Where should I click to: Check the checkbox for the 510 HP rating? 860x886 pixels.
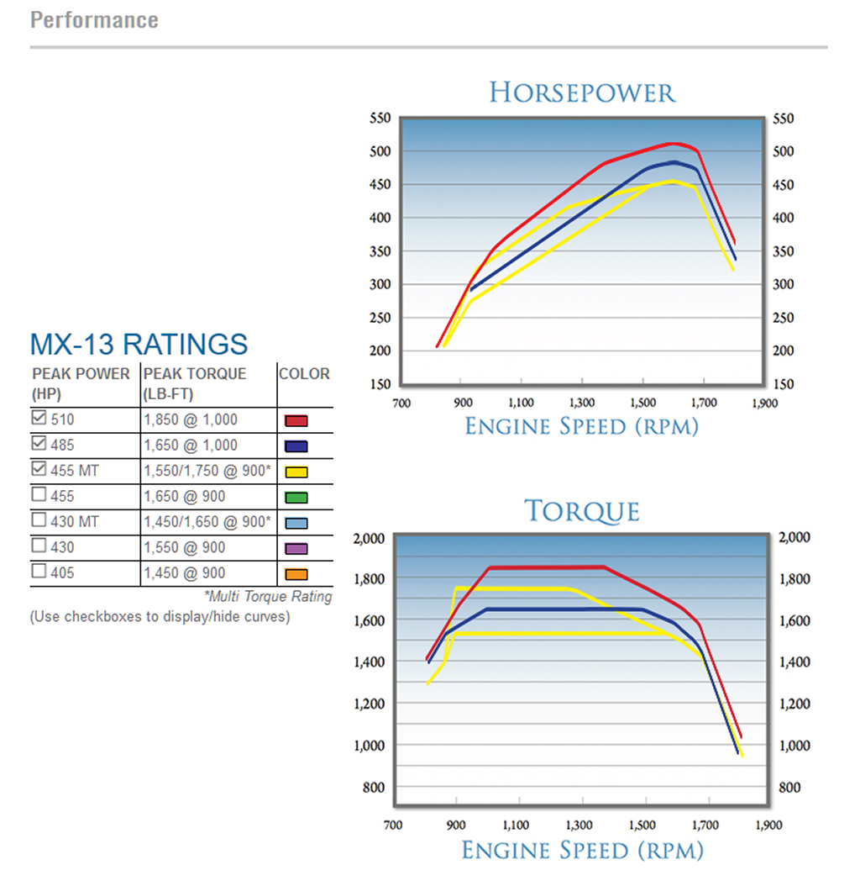(39, 419)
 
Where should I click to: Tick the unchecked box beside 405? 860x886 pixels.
(39, 572)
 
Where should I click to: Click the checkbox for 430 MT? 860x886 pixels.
(39, 521)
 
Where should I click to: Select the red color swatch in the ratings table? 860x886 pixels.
(296, 421)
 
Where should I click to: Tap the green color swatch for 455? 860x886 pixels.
(296, 498)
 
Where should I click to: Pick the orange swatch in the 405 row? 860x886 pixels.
(296, 575)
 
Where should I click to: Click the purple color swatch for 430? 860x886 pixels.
(296, 549)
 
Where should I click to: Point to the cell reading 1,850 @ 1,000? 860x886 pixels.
(191, 419)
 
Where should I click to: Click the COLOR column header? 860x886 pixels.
(304, 374)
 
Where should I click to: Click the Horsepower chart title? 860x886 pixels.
(582, 92)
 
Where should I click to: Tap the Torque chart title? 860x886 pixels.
(582, 511)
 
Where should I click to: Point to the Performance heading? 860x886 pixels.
(94, 19)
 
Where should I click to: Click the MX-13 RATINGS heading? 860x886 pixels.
(139, 344)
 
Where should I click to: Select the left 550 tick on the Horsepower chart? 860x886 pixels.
(379, 119)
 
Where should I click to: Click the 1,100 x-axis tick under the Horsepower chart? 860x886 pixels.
(522, 403)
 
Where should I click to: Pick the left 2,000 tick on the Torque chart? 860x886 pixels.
(371, 538)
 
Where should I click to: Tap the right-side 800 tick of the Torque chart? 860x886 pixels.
(790, 788)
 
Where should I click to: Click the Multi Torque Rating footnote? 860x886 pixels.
(268, 597)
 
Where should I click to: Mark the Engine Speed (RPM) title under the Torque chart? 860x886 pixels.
(581, 850)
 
